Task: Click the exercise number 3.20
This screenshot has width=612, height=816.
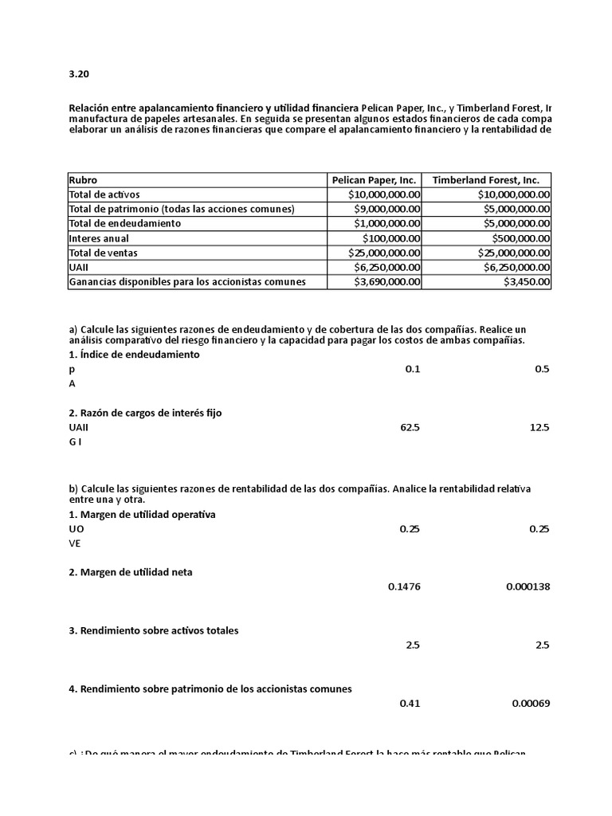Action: tap(79, 74)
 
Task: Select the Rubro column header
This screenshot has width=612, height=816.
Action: tap(84, 180)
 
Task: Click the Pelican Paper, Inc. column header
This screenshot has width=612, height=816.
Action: tap(374, 180)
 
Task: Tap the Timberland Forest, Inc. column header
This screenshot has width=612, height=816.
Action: tap(485, 180)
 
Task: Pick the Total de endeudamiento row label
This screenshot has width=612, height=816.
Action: tap(125, 224)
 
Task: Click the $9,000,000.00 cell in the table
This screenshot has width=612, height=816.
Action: tap(384, 209)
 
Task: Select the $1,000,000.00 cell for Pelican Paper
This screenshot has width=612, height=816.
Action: tap(384, 224)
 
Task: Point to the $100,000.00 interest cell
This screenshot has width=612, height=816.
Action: tap(390, 238)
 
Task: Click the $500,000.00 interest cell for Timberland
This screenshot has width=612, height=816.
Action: tap(513, 238)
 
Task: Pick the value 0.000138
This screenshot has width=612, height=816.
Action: tap(527, 587)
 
